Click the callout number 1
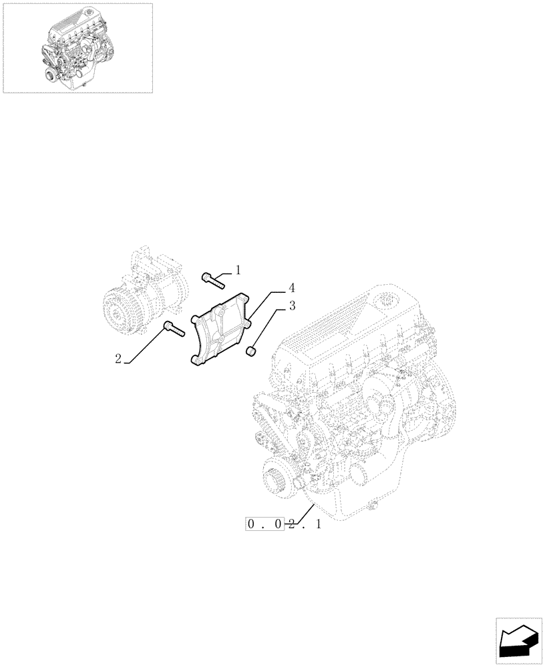click(238, 270)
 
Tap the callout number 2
click(118, 359)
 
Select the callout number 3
click(292, 306)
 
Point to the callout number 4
click(292, 288)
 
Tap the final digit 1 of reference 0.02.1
click(318, 525)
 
